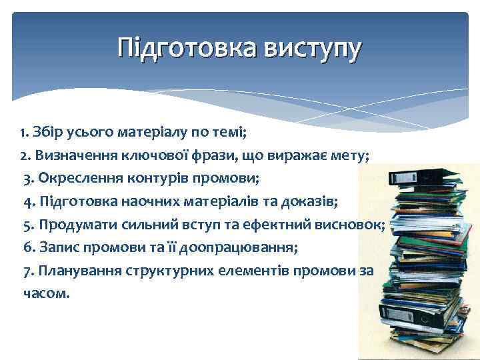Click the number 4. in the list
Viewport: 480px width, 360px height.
coord(29,201)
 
